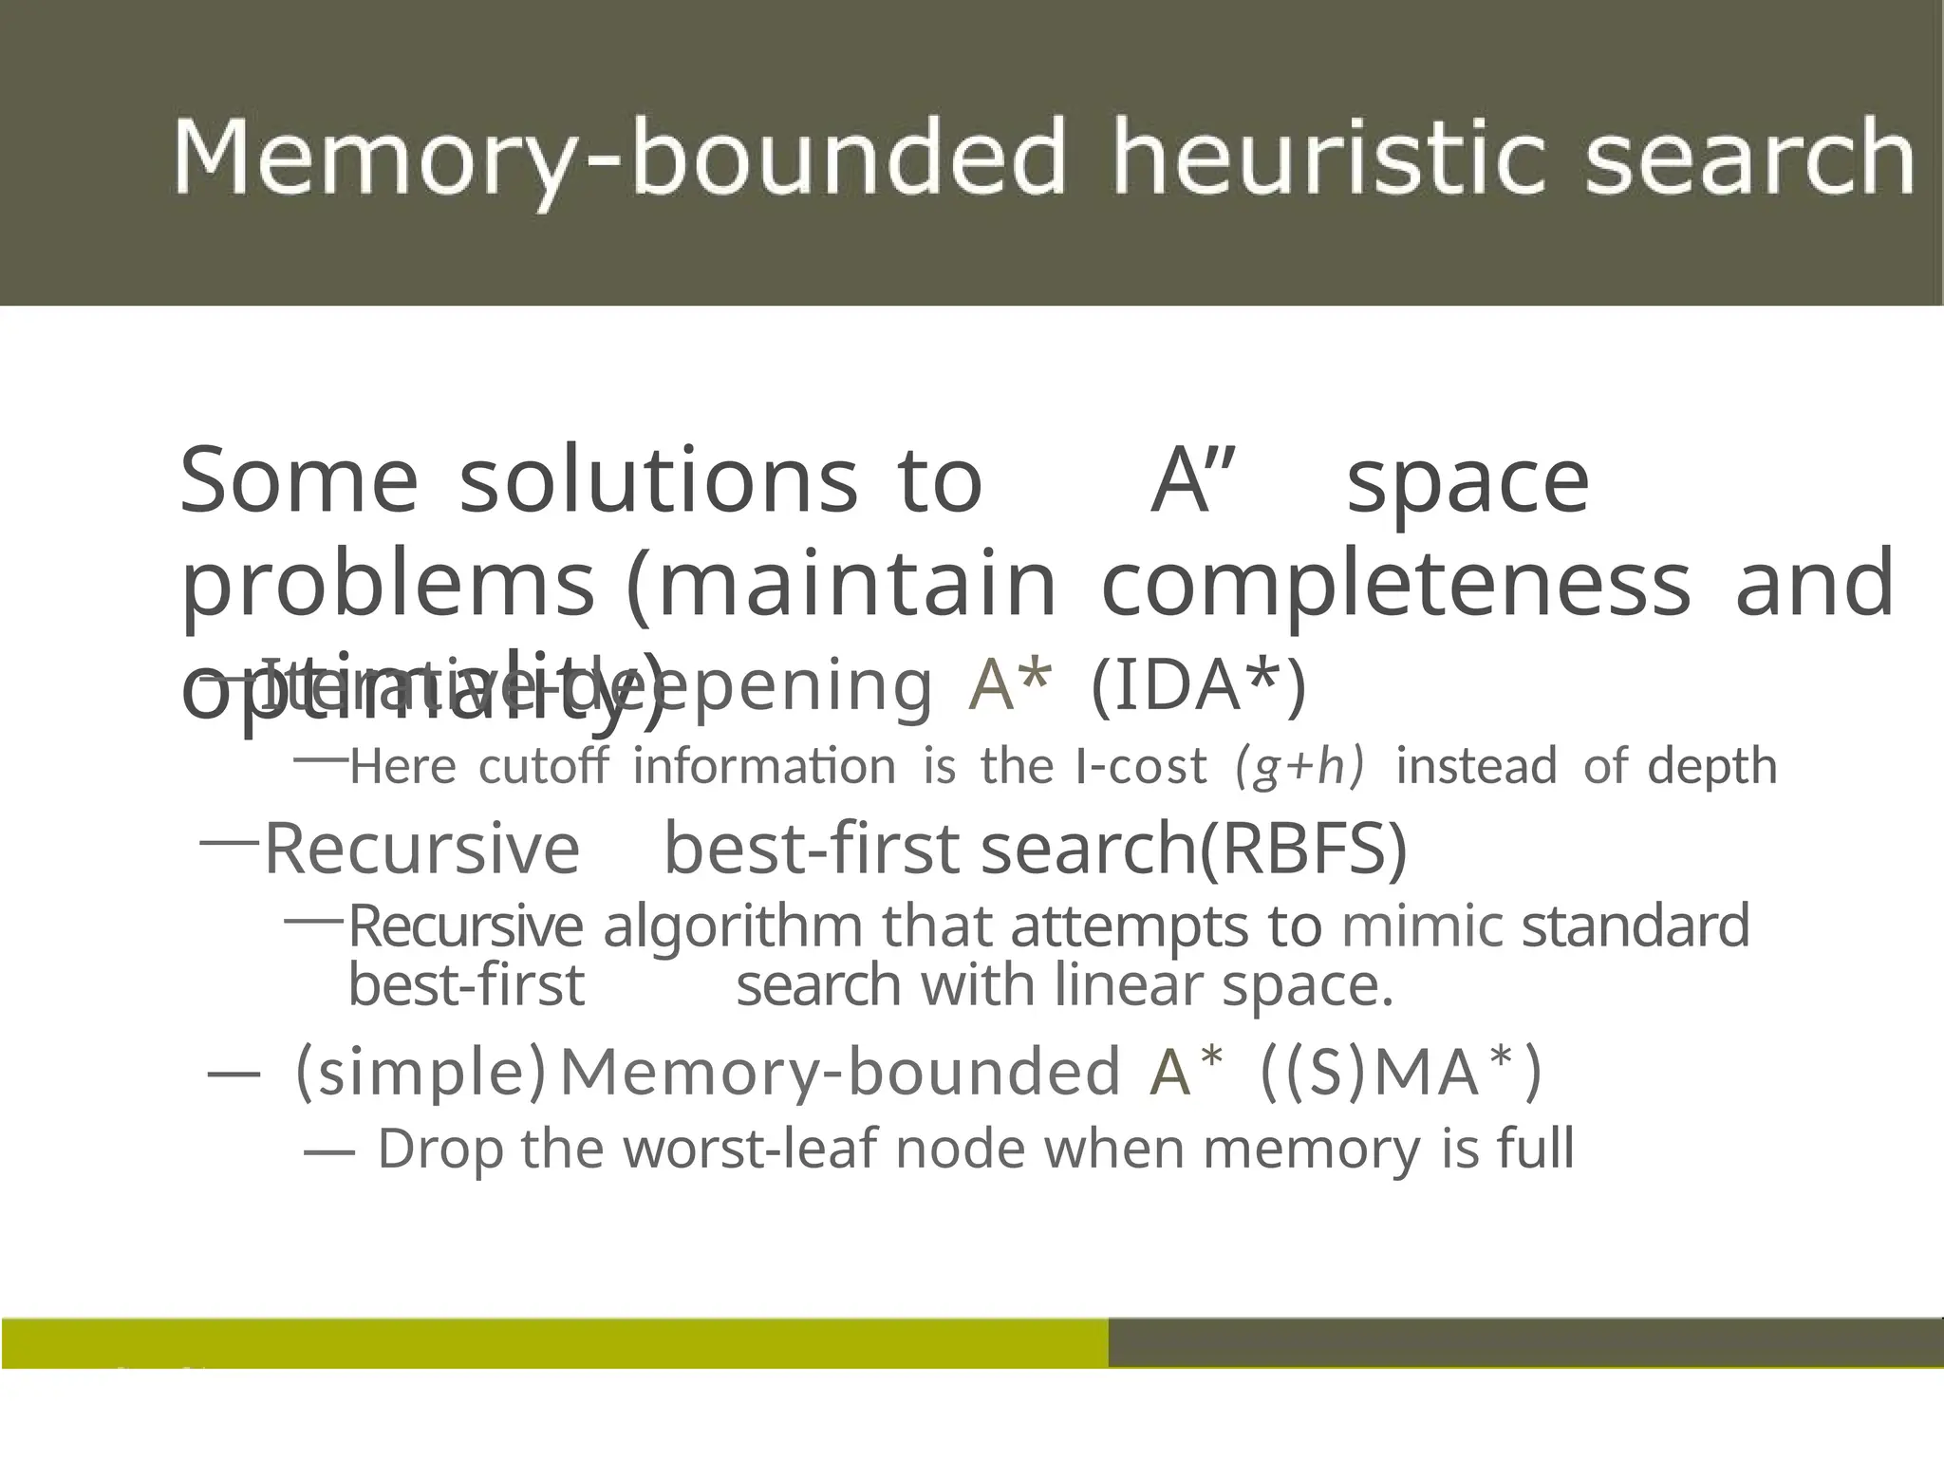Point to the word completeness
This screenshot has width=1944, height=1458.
coord(1395,583)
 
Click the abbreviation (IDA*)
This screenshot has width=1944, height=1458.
coord(1199,684)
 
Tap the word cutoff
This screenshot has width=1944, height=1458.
coord(543,766)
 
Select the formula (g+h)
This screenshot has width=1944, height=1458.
coord(1299,766)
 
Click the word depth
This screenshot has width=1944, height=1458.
coord(1712,765)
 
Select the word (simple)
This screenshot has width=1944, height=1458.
coord(421,1071)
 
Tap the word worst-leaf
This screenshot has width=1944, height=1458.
coord(752,1149)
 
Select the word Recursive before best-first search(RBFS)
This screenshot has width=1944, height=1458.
coord(421,848)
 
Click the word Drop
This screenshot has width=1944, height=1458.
coord(440,1149)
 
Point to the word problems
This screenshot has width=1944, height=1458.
coord(388,585)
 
